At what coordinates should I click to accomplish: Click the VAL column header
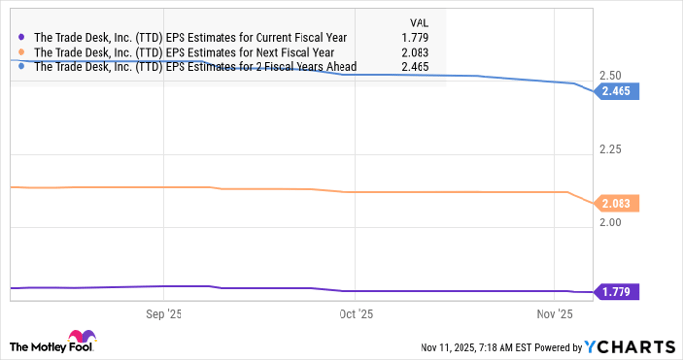(x=417, y=20)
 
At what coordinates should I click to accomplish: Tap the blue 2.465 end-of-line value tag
(x=619, y=91)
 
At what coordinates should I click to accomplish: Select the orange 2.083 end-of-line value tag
(x=619, y=203)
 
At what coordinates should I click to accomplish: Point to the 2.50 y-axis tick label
(x=612, y=75)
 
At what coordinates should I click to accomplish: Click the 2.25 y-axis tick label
(x=612, y=148)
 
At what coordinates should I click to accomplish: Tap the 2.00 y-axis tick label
(x=612, y=222)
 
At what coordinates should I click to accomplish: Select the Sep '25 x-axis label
(x=164, y=314)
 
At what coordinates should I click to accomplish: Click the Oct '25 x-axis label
(x=354, y=314)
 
